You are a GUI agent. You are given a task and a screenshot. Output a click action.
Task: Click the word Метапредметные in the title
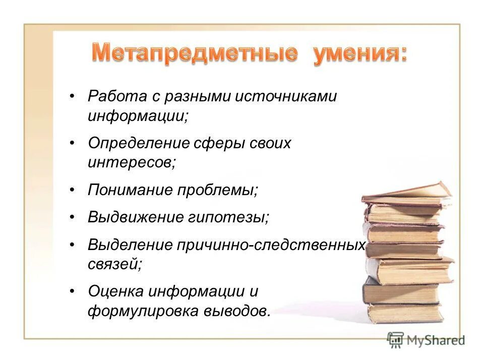[194, 54]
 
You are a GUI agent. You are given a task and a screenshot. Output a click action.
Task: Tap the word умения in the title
[359, 54]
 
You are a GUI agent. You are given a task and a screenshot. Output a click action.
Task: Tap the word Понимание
[131, 190]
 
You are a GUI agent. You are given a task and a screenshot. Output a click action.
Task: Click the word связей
[114, 264]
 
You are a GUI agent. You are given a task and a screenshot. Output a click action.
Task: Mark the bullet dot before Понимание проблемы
[73, 190]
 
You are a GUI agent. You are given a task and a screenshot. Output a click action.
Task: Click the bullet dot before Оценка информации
[73, 291]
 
